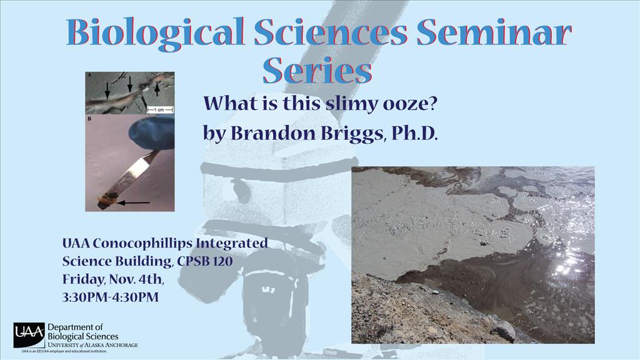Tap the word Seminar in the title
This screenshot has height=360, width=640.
click(494, 32)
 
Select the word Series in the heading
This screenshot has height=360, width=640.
click(317, 70)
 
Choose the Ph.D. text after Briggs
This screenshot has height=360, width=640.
click(414, 134)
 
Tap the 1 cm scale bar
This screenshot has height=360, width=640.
click(160, 110)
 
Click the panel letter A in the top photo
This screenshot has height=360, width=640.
click(89, 75)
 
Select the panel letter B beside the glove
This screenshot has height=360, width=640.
click(89, 119)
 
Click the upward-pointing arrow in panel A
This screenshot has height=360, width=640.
click(157, 87)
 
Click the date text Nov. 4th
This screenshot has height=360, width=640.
click(136, 279)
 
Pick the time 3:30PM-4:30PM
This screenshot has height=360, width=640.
click(110, 297)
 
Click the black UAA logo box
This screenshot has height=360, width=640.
click(29, 335)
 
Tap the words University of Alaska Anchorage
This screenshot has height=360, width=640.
click(93, 345)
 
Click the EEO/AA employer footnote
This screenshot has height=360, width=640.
click(64, 351)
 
